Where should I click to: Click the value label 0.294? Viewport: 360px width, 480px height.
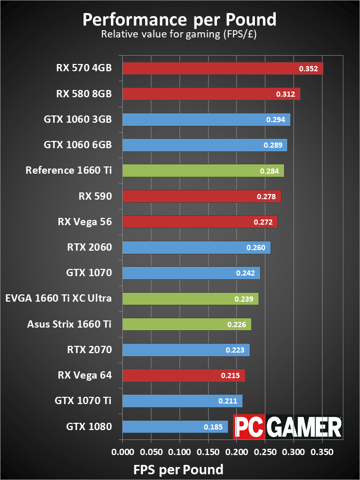(275, 120)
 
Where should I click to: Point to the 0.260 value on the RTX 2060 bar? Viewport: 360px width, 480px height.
(256, 248)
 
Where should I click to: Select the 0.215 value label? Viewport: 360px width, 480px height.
(230, 375)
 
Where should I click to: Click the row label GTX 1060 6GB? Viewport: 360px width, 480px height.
(78, 145)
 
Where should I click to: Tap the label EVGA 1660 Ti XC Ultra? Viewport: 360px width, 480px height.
(59, 299)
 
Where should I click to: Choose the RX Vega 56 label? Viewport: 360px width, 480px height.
(85, 222)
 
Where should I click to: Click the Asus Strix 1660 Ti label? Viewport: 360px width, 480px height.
(69, 324)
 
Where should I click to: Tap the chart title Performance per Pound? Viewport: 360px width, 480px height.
(179, 20)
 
